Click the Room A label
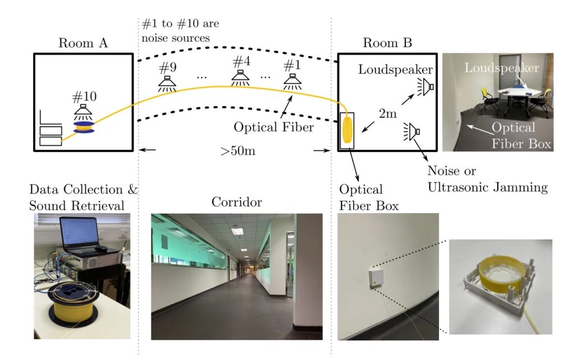coord(83,43)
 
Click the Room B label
coord(387,43)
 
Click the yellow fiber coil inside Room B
coord(347,130)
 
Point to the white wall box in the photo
coord(374,278)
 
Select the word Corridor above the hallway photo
coord(237,202)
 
